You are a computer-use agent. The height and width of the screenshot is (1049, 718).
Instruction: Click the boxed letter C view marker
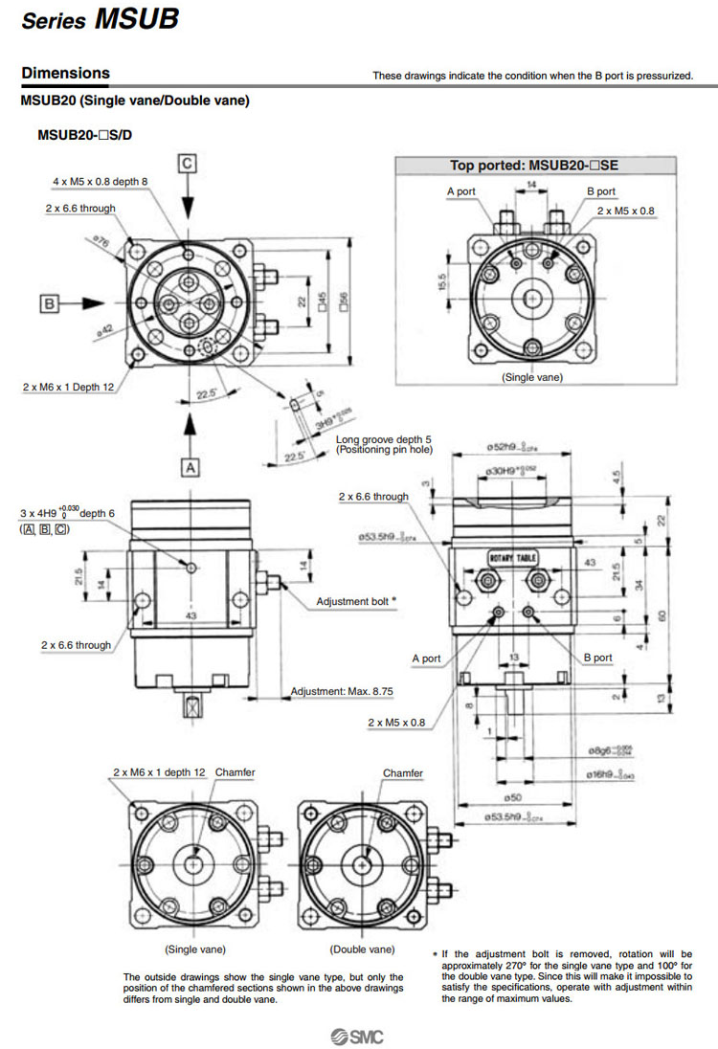pos(189,164)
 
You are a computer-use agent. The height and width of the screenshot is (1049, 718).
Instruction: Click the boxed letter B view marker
pos(51,303)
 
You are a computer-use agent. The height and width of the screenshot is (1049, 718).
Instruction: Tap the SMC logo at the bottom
pos(358,1037)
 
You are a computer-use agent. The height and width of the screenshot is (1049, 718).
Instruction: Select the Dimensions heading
pos(65,73)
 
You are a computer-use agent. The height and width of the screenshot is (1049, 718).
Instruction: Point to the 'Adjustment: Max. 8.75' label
pos(342,691)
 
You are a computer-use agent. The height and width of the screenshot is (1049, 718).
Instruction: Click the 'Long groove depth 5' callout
pos(384,439)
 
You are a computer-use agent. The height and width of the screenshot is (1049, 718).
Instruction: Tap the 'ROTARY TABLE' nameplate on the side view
pos(514,558)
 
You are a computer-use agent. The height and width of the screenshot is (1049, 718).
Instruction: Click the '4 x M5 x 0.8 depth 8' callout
pos(101,181)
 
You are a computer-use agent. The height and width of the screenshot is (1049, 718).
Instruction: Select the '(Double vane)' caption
pos(362,949)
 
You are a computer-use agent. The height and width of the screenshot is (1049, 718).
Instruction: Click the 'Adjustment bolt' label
pos(353,601)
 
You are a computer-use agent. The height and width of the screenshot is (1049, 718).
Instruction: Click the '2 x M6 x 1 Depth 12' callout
pos(68,388)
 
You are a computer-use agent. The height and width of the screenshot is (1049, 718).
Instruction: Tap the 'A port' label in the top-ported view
pos(461,191)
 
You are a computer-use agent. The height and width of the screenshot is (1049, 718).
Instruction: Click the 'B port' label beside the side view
pos(597,658)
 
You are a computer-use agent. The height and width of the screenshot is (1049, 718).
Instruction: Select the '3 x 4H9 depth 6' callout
pos(67,514)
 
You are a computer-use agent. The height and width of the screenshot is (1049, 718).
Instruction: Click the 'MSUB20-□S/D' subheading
pos(85,135)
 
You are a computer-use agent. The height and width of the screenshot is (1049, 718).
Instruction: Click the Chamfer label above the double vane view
pos(403,772)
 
